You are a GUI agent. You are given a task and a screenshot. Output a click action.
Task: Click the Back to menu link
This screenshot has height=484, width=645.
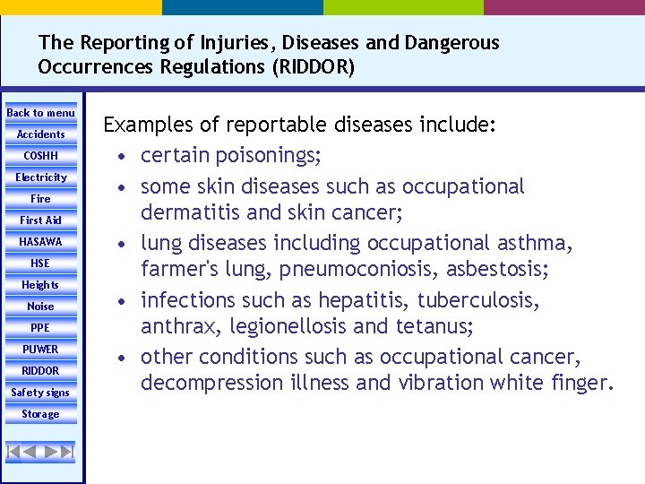pyautogui.click(x=41, y=113)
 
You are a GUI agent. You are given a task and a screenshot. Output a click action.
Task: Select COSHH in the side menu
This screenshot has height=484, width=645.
pyautogui.click(x=41, y=156)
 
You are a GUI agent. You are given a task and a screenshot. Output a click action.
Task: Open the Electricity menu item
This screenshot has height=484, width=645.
pyautogui.click(x=41, y=177)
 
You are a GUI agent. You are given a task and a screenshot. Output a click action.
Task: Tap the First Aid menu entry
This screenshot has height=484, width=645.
pyautogui.click(x=41, y=220)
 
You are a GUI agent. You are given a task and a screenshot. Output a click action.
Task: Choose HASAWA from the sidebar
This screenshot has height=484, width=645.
pyautogui.click(x=41, y=242)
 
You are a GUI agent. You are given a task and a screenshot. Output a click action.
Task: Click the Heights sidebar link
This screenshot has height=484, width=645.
pyautogui.click(x=41, y=285)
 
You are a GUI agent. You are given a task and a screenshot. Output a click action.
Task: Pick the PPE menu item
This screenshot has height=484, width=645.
pyautogui.click(x=41, y=328)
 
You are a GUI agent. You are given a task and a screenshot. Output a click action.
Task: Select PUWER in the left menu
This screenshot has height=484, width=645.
pyautogui.click(x=41, y=350)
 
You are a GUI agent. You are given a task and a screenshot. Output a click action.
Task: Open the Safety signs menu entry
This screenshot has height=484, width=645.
pyautogui.click(x=41, y=393)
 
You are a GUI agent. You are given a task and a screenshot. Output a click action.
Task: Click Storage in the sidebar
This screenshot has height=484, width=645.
pyautogui.click(x=41, y=414)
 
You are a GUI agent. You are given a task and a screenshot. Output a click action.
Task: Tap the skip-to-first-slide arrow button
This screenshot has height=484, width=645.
pyautogui.click(x=15, y=452)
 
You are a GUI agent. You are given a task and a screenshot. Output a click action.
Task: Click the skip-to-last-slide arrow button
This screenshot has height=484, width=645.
pyautogui.click(x=65, y=452)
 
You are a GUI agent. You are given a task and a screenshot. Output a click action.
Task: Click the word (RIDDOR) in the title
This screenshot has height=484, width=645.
pyautogui.click(x=309, y=67)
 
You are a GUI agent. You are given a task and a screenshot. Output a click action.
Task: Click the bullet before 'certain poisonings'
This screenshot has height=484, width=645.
pyautogui.click(x=130, y=157)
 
